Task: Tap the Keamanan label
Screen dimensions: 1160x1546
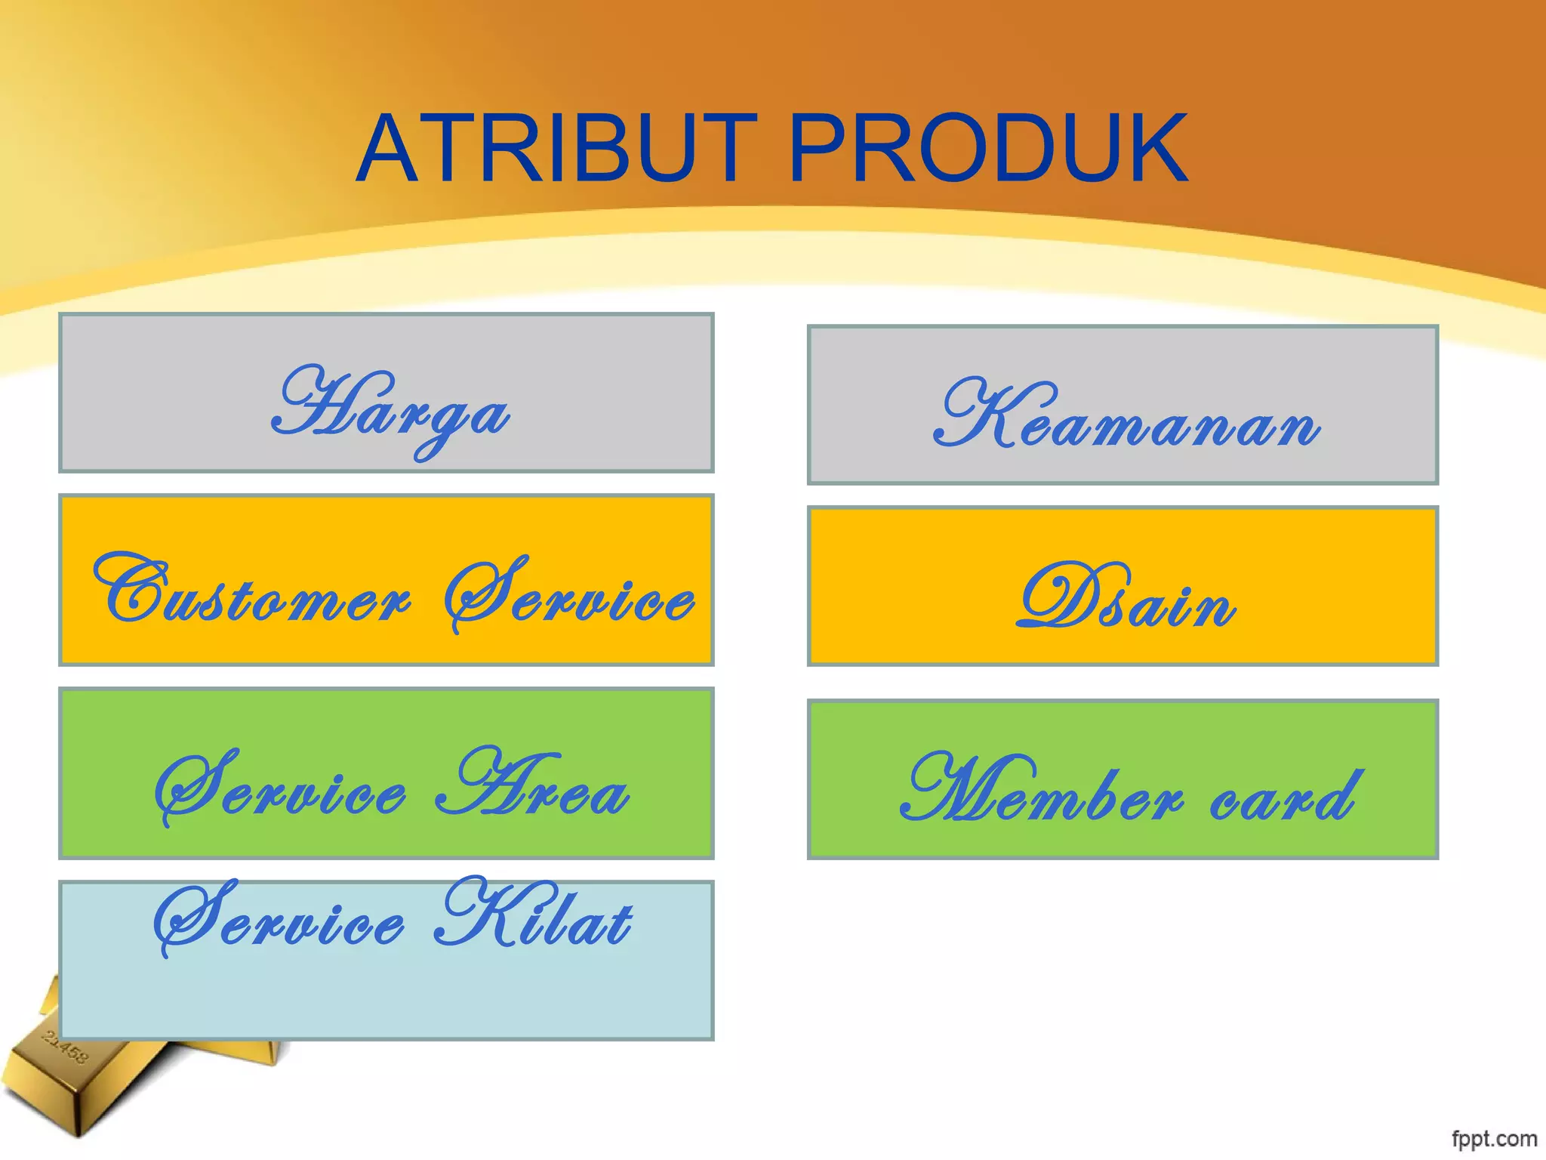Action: point(1126,417)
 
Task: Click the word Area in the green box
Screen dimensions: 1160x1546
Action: point(532,785)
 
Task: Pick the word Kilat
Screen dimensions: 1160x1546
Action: point(534,915)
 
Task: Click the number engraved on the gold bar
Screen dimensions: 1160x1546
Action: point(66,1047)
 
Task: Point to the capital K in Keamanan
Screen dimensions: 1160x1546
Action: point(974,412)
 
